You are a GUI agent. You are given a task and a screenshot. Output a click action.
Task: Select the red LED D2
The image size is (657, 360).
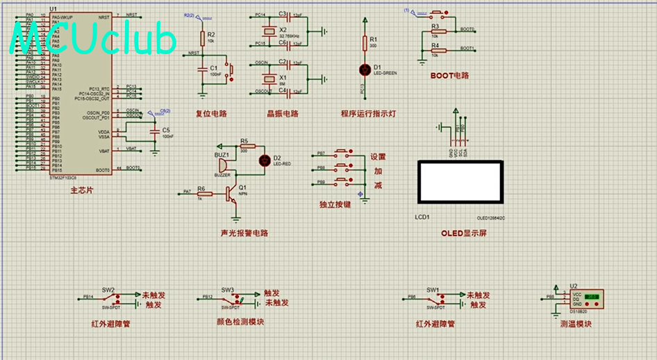tap(264, 160)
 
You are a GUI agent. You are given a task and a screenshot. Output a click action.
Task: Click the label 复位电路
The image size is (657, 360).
tap(211, 114)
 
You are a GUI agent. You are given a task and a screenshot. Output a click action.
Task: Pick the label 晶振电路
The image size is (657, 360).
tap(282, 114)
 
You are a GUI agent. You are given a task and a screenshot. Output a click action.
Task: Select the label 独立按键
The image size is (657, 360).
tap(335, 205)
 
